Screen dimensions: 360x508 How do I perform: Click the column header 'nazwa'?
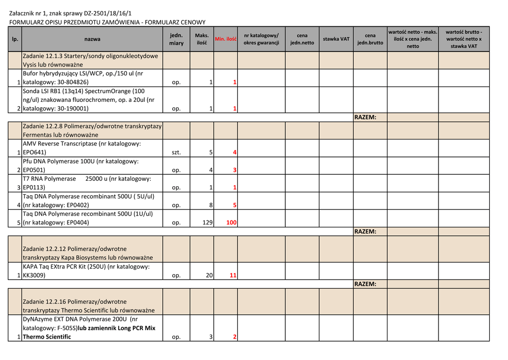click(92, 39)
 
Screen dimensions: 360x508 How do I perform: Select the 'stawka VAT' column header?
click(336, 39)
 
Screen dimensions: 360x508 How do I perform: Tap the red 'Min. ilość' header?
click(225, 39)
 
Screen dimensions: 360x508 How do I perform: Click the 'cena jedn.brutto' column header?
click(370, 39)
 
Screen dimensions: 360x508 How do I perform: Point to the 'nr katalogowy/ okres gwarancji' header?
click(261, 39)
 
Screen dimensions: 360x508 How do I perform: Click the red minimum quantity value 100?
click(231, 223)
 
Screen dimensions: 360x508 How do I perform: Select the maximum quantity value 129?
click(207, 223)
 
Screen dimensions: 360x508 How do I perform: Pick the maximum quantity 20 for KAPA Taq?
click(209, 276)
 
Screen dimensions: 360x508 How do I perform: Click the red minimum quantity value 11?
click(233, 276)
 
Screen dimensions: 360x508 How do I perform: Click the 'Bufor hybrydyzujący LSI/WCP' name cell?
click(82, 77)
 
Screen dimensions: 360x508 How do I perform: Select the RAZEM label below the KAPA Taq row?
click(365, 284)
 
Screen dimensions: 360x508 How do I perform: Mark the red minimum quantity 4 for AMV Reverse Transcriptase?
click(235, 152)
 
